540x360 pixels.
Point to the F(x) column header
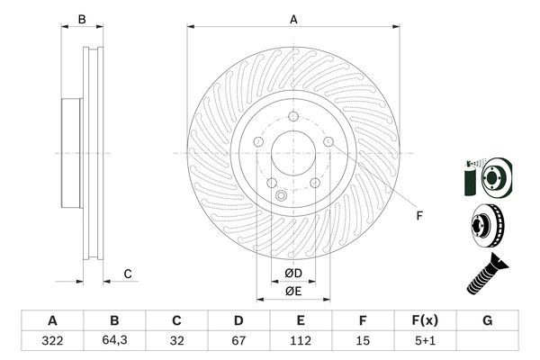425,320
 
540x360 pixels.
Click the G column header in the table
487,320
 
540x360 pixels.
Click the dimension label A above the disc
293,18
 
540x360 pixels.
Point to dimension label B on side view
81,19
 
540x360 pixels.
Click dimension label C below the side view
128,274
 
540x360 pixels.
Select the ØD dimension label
293,273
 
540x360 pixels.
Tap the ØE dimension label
293,291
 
